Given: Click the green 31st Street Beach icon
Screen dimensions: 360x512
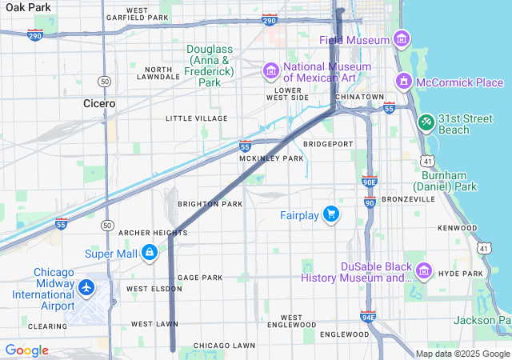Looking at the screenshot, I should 426,122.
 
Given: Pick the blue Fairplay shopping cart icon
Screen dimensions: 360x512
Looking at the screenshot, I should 330,214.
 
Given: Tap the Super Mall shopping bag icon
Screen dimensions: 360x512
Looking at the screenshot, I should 149,254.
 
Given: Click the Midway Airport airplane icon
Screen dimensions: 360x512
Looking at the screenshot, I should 86,286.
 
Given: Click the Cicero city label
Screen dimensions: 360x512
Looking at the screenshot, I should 99,103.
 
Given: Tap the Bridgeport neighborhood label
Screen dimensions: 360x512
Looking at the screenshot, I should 328,144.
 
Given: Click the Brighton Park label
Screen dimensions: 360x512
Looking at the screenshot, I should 210,204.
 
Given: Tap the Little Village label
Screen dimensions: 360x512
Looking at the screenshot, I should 196,118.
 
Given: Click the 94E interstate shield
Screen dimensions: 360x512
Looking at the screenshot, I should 369,317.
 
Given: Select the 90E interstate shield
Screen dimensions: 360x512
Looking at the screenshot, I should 369,182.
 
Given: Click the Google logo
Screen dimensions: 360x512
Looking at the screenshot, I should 26,350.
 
